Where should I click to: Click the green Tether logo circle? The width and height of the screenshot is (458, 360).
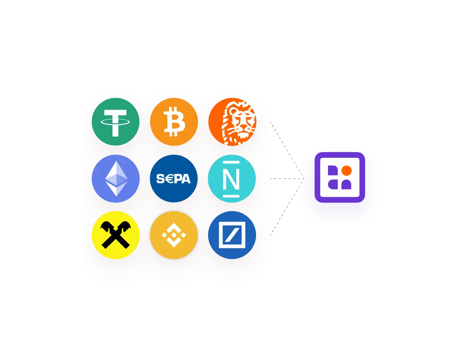116,122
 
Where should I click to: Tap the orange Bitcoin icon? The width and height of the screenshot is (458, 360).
174,122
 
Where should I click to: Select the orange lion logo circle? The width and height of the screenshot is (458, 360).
232,122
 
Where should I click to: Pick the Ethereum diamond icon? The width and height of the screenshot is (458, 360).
116,178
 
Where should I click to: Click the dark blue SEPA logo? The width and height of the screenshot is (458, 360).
174,178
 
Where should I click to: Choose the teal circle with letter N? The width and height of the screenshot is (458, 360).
232,178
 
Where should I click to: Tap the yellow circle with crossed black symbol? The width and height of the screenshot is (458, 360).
116,235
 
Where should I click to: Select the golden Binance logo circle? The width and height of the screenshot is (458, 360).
174,235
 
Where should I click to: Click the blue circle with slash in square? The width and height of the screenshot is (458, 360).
232,235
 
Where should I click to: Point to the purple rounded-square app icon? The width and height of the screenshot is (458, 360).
340,178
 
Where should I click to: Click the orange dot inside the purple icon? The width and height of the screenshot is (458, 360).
346,171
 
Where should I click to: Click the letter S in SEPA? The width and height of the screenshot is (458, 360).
160,178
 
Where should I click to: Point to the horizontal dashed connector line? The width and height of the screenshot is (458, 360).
287,178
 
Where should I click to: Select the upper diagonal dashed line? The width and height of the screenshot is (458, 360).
287,150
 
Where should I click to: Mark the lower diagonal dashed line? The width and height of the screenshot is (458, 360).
287,207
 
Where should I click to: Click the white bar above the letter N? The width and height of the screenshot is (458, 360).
231,162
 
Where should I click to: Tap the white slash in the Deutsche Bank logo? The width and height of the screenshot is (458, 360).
232,235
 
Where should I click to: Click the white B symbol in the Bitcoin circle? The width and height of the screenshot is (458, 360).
174,122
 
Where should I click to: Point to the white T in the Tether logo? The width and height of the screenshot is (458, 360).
115,123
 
